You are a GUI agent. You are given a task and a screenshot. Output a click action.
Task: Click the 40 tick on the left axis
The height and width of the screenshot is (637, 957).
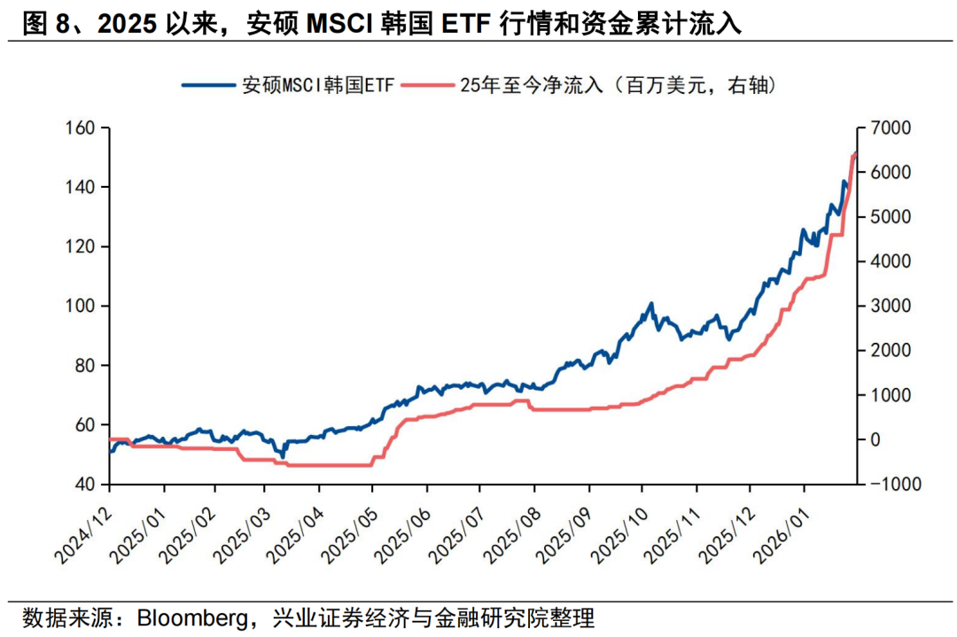(x=85, y=485)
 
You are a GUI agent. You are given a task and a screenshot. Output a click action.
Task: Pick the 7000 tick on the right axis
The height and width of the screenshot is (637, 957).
(x=890, y=128)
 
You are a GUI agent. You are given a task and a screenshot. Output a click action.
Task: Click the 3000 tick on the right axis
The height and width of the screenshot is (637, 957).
(x=890, y=306)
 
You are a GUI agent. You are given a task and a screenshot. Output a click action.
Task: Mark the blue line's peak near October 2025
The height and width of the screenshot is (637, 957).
(x=651, y=303)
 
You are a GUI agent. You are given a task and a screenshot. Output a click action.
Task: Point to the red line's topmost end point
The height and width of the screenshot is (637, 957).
(x=855, y=152)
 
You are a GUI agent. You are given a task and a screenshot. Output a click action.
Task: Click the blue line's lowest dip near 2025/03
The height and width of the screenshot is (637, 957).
(x=282, y=456)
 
